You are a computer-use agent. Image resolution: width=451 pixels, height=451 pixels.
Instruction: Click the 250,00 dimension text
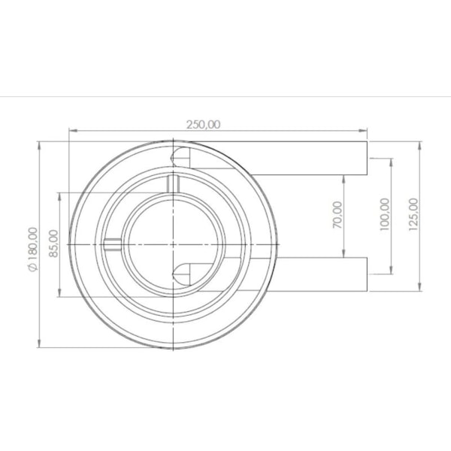204,125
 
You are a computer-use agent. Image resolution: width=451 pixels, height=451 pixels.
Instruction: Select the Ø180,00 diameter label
32,248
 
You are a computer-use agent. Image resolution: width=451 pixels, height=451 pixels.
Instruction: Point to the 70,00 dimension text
337,215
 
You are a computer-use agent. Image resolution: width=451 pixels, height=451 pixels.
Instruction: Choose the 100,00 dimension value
384,214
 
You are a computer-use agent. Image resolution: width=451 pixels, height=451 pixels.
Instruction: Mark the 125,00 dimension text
413,214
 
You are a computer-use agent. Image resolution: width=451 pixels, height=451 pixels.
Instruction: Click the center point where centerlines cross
174,244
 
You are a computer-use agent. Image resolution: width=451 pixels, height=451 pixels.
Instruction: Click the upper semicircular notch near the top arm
181,156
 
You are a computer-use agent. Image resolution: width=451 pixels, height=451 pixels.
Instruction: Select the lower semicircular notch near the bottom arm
183,271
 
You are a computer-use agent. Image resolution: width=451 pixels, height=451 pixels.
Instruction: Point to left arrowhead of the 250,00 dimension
71,132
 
